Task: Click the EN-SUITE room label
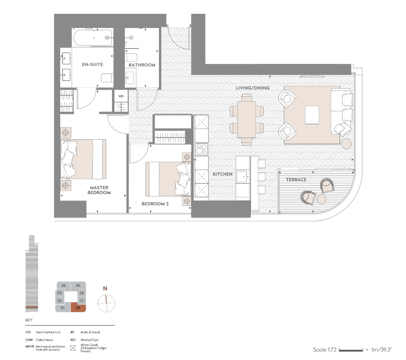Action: click(x=92, y=65)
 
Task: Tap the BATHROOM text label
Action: click(x=142, y=65)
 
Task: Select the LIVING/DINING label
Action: click(x=253, y=88)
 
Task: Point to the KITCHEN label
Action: click(x=222, y=174)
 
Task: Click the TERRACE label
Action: click(x=296, y=179)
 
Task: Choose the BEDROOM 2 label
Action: click(x=155, y=203)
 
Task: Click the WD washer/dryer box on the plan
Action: click(x=121, y=97)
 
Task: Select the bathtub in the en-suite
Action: click(x=92, y=37)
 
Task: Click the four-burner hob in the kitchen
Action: click(x=202, y=149)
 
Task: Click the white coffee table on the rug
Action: click(x=312, y=114)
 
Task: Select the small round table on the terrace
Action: click(x=321, y=199)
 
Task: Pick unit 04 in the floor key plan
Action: click(x=63, y=286)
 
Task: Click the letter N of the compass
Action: click(x=106, y=289)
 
